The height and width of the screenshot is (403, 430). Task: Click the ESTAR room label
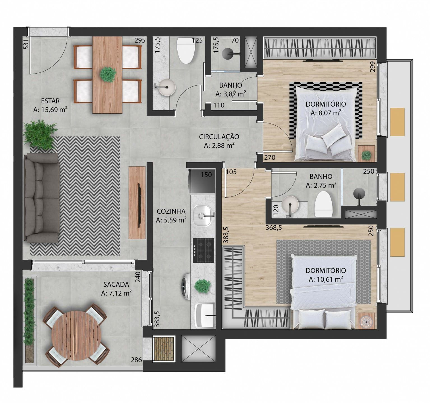[50, 101]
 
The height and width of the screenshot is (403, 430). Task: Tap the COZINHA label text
[171, 211]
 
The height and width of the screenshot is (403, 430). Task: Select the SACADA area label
[116, 284]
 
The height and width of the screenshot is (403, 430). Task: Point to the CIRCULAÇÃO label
[219, 137]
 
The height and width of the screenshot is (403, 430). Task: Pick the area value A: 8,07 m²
[326, 113]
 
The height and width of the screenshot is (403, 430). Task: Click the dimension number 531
[26, 44]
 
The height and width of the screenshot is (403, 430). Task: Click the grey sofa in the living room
[41, 198]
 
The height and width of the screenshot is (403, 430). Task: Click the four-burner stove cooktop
[203, 250]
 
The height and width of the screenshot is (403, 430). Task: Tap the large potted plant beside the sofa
[40, 134]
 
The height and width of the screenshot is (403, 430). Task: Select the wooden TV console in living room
[137, 203]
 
